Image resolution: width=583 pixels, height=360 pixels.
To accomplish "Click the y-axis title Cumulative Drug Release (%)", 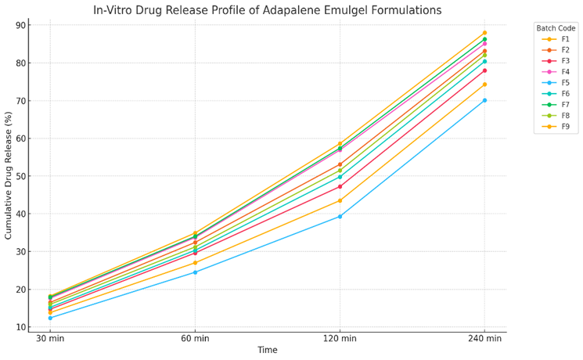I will pos(9,175).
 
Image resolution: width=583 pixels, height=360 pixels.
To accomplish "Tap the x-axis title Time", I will pos(268,350).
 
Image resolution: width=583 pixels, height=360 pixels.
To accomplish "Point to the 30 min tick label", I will pos(50,338).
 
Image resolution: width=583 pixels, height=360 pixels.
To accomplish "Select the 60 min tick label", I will pos(195,338).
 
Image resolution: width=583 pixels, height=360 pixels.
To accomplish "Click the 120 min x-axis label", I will pos(340,338).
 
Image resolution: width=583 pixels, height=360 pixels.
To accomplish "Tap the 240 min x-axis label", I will pos(484,338).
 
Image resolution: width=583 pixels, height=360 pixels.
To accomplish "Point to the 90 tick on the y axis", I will pos(21,25).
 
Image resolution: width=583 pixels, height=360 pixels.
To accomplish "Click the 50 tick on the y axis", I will pos(21,176).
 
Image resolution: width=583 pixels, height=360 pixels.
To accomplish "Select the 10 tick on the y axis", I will pos(21,327).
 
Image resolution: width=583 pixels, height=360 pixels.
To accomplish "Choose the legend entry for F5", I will pos(561,82).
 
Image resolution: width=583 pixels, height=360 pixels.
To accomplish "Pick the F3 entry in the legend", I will pos(561,61).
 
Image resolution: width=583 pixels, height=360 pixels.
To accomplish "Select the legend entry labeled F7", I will pos(561,104).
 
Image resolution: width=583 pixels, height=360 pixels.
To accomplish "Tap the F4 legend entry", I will pos(561,72).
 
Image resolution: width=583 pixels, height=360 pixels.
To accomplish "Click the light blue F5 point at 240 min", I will pos(484,100).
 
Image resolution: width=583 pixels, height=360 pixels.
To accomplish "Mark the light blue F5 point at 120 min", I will pos(340,216).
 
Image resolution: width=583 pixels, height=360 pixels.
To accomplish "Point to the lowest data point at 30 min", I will pos(50,318).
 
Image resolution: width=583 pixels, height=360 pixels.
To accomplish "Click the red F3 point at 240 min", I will pos(484,70).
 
